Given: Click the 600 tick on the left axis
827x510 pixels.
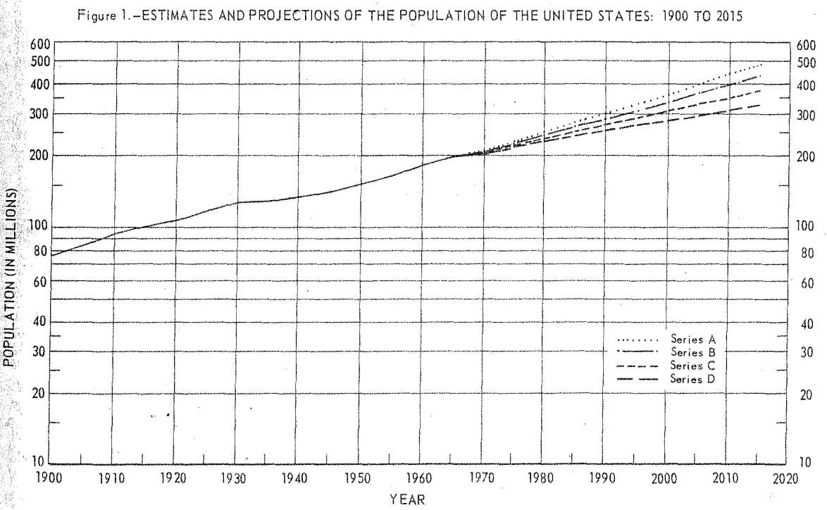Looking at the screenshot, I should [x=41, y=44].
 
